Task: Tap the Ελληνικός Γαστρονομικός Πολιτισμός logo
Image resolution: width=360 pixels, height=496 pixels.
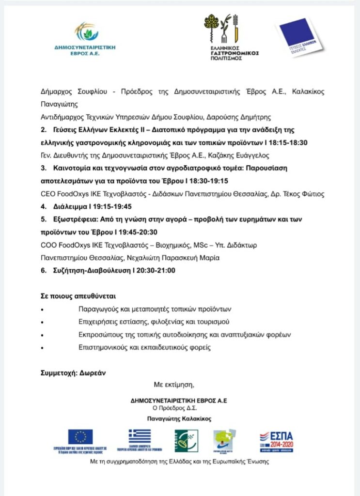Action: point(231,36)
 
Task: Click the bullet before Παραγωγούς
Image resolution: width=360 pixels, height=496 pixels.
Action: point(43,310)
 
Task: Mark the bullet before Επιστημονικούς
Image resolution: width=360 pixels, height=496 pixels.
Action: point(43,348)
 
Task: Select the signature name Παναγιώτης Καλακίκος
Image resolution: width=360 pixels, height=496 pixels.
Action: point(179,418)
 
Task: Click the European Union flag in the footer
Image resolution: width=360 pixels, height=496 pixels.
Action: point(80,437)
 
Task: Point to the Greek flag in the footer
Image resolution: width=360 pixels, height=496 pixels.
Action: point(140,436)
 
